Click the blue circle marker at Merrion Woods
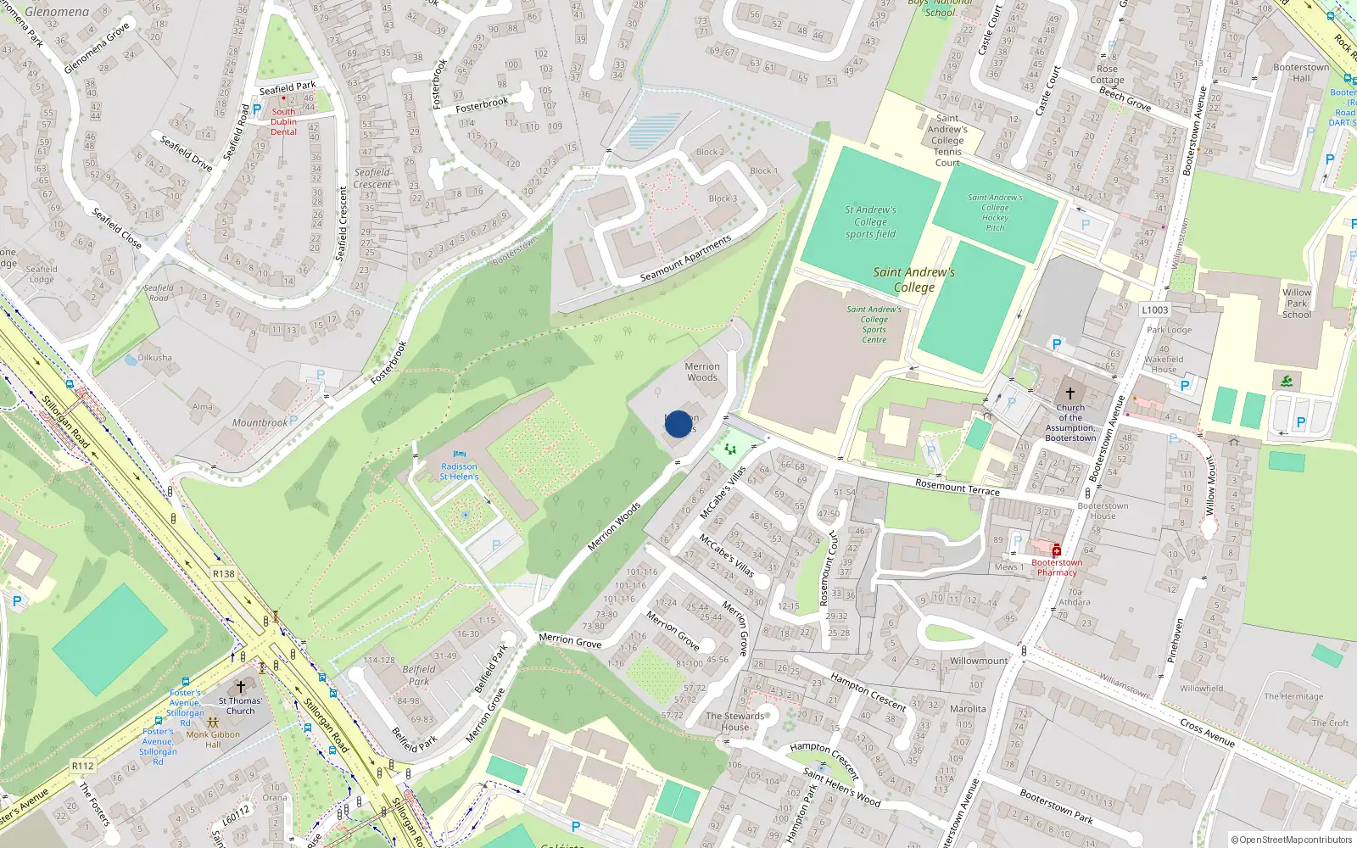pos(678,424)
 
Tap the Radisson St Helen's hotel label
pos(459,471)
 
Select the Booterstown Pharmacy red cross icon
pos(1057,550)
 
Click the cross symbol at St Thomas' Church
pos(240,687)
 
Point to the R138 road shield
pos(224,574)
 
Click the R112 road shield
pos(82,766)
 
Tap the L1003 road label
pos(1154,310)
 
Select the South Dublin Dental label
pos(284,122)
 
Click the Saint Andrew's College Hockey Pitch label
pos(995,212)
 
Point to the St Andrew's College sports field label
pos(870,222)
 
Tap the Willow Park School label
pos(1296,303)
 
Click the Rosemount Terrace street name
pos(957,487)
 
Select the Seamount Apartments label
pos(685,259)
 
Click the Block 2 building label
pos(710,153)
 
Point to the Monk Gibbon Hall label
pos(213,739)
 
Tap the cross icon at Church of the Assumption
pos(1069,393)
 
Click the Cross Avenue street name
pos(1207,733)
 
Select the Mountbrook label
pos(260,423)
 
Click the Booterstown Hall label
pos(1301,73)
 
